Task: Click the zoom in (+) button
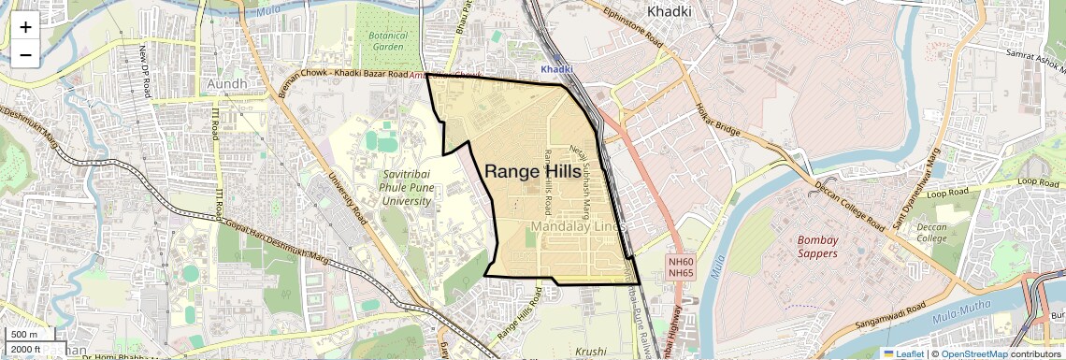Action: (25, 27)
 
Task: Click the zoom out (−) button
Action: (25, 55)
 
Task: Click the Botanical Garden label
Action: (387, 40)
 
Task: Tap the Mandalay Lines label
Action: (577, 227)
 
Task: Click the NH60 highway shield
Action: (681, 262)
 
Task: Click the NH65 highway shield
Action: (681, 274)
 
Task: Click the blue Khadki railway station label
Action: (557, 69)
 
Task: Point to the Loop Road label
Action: (1037, 181)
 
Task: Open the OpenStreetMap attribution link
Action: (973, 353)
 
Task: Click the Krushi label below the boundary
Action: (591, 352)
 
